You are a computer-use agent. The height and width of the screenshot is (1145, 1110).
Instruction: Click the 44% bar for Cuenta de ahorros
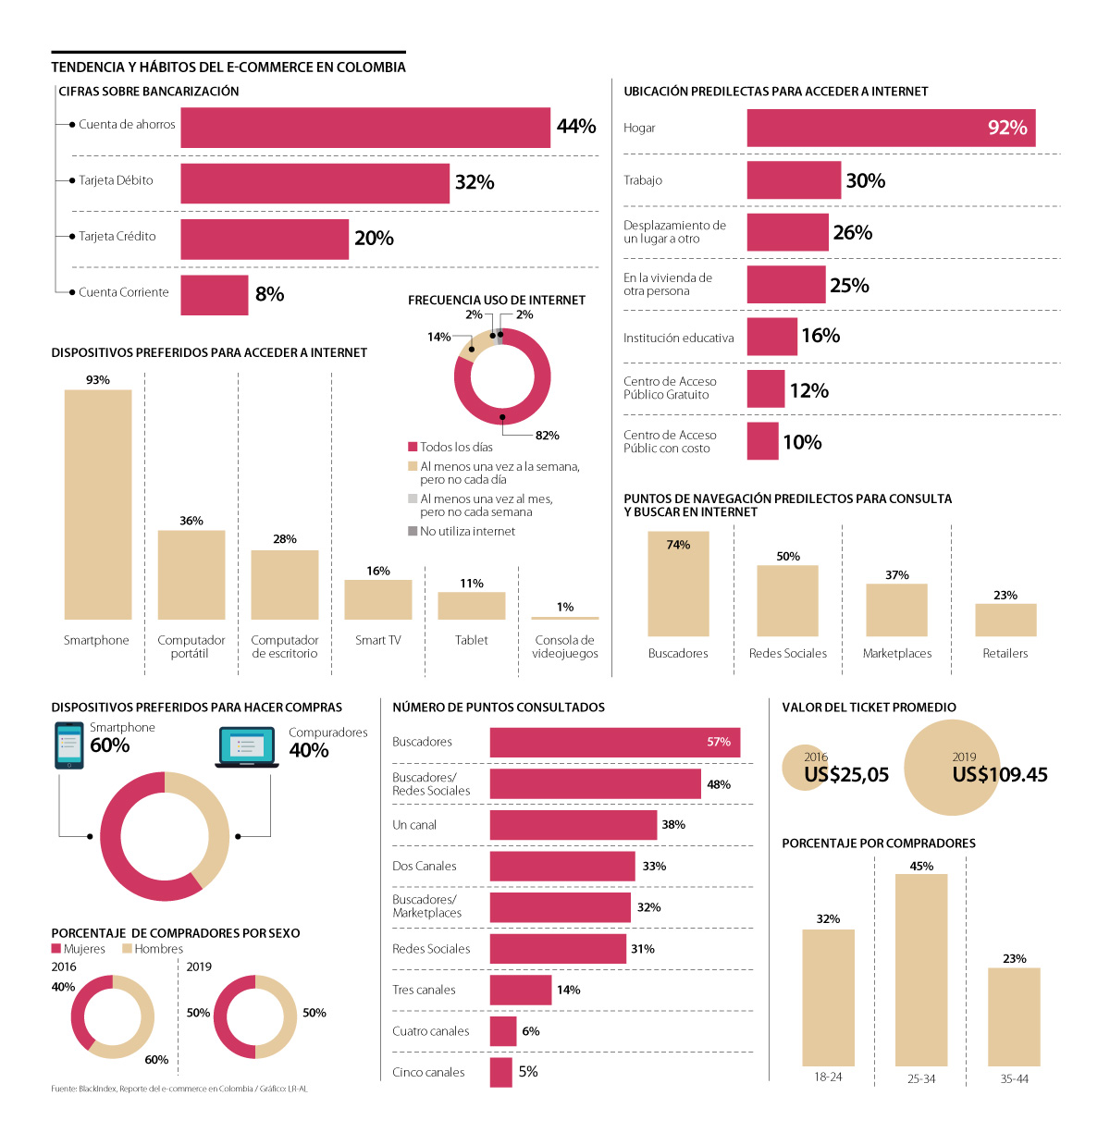point(365,128)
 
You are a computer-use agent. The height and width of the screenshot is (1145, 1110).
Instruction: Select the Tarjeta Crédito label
point(117,237)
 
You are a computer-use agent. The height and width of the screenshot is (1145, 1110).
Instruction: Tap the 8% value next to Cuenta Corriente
point(269,294)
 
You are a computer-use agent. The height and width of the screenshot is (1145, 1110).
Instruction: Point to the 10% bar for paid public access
point(763,441)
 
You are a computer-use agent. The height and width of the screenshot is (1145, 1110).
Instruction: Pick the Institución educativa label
point(678,339)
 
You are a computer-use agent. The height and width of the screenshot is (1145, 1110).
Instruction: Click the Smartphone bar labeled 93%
point(98,504)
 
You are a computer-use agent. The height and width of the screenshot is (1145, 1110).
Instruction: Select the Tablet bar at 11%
point(472,606)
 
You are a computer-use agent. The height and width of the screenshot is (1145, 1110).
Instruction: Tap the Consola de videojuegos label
point(565,646)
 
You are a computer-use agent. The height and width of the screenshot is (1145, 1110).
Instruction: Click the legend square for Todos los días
point(413,447)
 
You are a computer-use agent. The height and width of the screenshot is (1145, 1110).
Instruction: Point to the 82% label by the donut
point(547,436)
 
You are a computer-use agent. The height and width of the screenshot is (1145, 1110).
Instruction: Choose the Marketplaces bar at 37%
point(896,609)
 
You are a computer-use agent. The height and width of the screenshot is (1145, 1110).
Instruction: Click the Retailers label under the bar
point(1005,653)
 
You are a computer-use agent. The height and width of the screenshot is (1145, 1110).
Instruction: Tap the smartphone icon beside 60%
point(69,745)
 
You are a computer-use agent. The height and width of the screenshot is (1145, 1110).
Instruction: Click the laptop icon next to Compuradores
point(247,747)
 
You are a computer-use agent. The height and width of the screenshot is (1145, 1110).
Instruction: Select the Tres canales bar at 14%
point(521,990)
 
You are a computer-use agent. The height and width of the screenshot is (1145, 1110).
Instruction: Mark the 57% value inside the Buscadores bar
point(719,742)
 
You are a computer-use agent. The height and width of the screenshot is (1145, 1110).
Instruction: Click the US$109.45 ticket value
point(1000,775)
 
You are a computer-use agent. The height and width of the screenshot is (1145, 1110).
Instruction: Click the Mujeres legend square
point(56,949)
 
